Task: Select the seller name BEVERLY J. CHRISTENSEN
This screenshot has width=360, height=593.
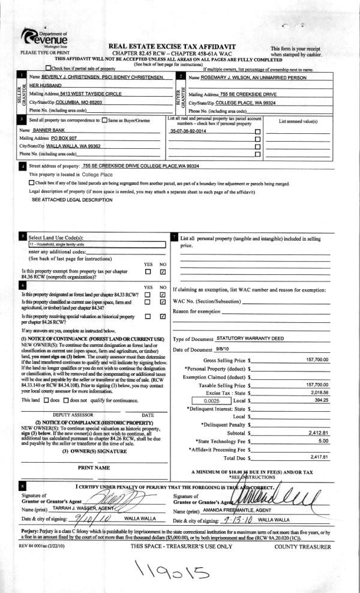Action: tap(67, 78)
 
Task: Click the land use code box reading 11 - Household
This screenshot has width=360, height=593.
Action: tap(96, 244)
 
